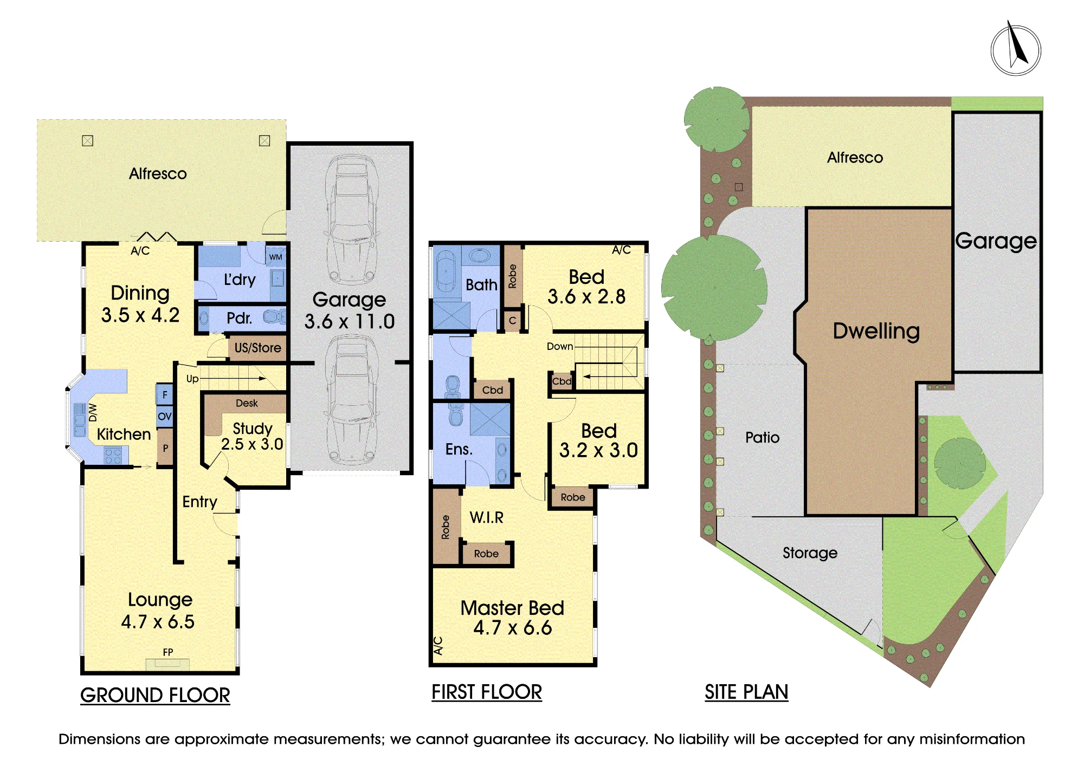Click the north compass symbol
tap(1016, 49)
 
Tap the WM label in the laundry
tap(276, 257)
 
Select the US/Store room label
tap(258, 348)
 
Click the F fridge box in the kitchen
tap(165, 394)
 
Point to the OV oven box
tap(165, 417)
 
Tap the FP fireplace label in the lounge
tap(168, 652)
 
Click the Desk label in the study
tap(247, 403)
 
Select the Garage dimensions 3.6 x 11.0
tap(350, 322)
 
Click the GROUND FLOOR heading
tap(155, 696)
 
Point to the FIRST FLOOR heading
tap(487, 692)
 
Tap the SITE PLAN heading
tap(746, 692)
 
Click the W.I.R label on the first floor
tap(487, 518)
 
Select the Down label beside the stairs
tap(560, 346)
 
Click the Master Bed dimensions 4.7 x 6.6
tap(513, 628)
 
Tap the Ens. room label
tap(459, 449)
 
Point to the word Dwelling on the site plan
tap(876, 332)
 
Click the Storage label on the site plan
tap(810, 553)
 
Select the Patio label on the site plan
tap(763, 438)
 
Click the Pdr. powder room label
tap(240, 318)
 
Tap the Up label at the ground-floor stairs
tap(192, 379)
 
